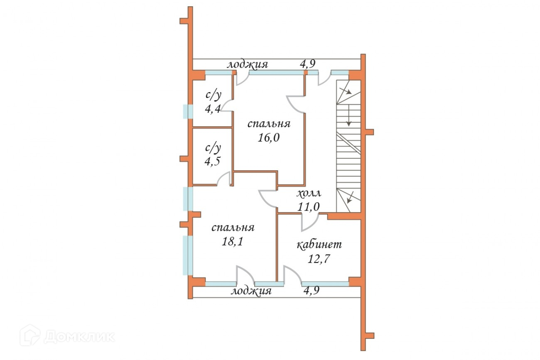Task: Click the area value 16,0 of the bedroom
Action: coord(269,138)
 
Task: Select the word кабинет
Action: coord(319,245)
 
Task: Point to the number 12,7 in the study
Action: coord(319,259)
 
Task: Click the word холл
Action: coord(309,193)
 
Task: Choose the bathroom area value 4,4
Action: coord(213,109)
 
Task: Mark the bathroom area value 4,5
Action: coord(213,162)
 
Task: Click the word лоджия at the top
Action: coord(247,65)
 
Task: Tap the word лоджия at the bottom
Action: coord(251,291)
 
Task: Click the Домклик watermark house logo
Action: coord(30,335)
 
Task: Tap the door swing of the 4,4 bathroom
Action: coord(226,106)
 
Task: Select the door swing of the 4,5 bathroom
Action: coord(225,179)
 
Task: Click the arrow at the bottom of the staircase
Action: coord(350,197)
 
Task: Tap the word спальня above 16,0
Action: coord(269,124)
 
